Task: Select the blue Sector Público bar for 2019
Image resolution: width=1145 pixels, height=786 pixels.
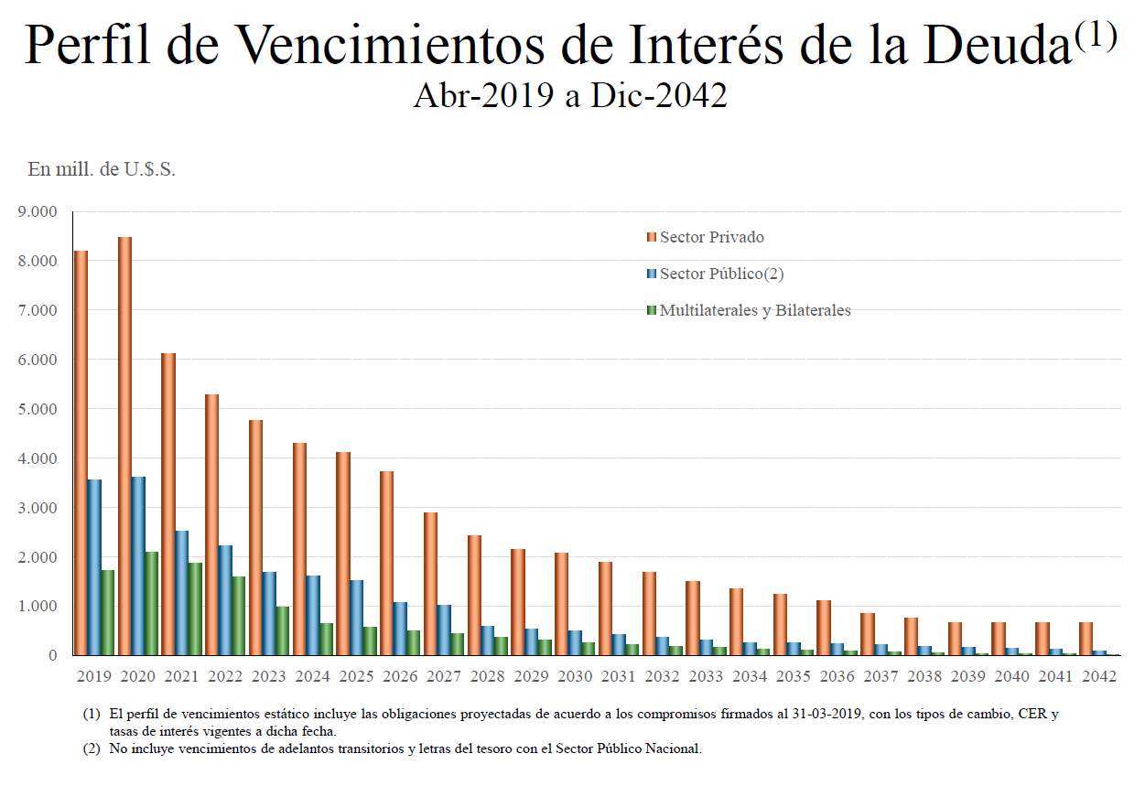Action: pos(94,567)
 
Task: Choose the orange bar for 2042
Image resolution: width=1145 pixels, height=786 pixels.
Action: pos(1086,639)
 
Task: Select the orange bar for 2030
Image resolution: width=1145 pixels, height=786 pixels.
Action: pos(562,604)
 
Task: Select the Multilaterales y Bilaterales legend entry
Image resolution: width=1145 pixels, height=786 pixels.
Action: pos(755,310)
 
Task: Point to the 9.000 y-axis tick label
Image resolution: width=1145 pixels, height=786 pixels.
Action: pos(38,211)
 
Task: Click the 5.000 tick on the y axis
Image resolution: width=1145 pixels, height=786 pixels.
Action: pos(38,409)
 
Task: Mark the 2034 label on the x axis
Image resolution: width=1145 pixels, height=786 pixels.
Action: pos(749,676)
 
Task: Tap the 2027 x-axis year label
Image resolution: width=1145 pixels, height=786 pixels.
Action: pos(443,676)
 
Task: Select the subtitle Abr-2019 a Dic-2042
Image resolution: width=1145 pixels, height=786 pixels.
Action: pos(570,96)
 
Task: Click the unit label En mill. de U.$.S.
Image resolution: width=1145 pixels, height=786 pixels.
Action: pos(102,169)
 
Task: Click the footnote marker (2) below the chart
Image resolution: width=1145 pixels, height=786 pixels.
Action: pos(91,748)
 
